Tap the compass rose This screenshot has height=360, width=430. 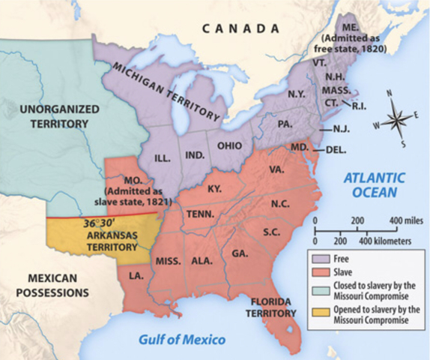click(x=399, y=118)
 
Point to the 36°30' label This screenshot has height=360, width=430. click(x=99, y=223)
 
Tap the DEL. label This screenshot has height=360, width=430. click(x=336, y=149)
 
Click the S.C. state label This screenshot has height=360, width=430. click(x=271, y=232)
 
